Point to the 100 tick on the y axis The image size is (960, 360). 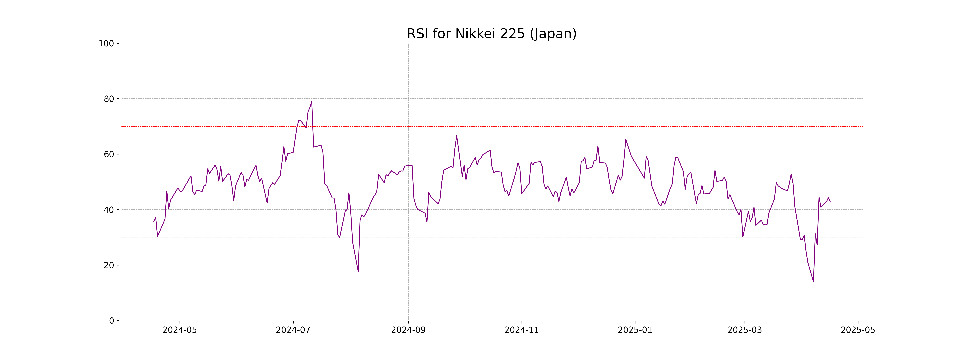click(x=106, y=44)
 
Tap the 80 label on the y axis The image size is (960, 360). click(x=109, y=99)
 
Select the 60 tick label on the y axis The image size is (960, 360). click(x=109, y=154)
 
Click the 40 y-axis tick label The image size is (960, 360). click(x=109, y=210)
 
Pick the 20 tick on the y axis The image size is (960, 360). click(x=109, y=265)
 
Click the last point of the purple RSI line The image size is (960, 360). click(x=830, y=202)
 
